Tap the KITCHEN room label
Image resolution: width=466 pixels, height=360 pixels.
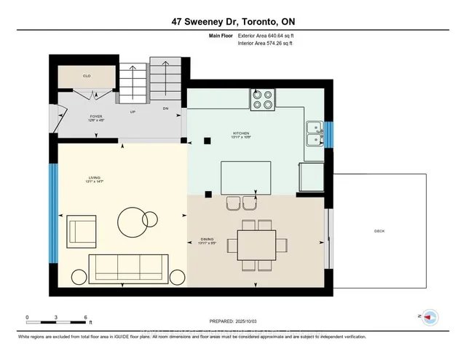coord(241,133)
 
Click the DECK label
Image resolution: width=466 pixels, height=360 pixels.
coord(379,230)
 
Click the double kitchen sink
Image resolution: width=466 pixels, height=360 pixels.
coord(315,132)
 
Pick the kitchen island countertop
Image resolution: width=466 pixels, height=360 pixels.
coord(246,178)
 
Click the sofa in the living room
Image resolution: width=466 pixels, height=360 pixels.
coord(128,269)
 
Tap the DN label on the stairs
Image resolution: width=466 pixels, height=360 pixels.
coord(165,109)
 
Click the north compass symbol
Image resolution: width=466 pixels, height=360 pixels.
coord(430,316)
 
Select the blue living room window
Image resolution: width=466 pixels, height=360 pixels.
coord(53,212)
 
